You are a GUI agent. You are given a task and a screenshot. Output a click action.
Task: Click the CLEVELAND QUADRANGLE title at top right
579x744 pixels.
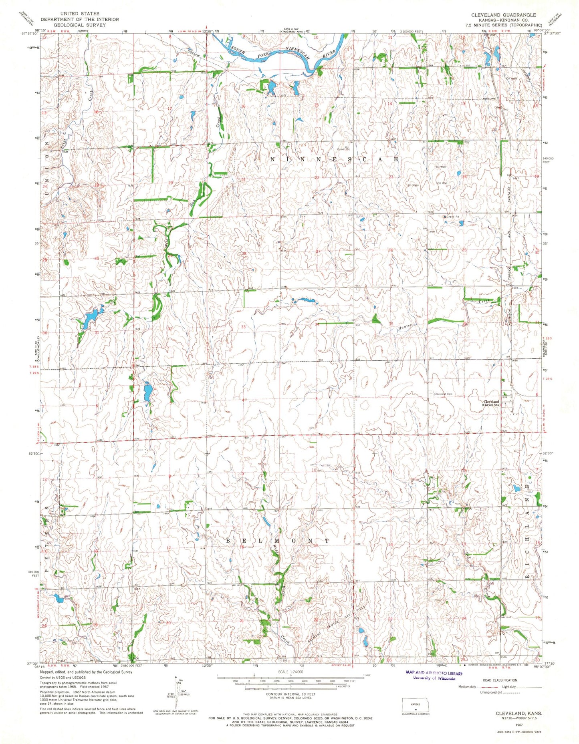point(503,14)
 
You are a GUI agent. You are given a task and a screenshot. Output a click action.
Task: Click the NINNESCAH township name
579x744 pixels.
point(335,159)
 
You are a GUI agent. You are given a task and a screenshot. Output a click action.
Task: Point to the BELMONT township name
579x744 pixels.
point(277,541)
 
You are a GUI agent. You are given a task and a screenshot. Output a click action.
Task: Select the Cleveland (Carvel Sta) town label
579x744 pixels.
point(492,403)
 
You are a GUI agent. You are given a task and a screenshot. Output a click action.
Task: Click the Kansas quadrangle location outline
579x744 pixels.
point(416,704)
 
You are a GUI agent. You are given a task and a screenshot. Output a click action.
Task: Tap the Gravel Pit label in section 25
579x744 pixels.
point(453,217)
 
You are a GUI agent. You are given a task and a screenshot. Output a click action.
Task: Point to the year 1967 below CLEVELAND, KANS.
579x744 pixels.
point(519,725)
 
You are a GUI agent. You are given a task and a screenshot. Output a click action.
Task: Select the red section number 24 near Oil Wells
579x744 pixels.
point(464,177)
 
